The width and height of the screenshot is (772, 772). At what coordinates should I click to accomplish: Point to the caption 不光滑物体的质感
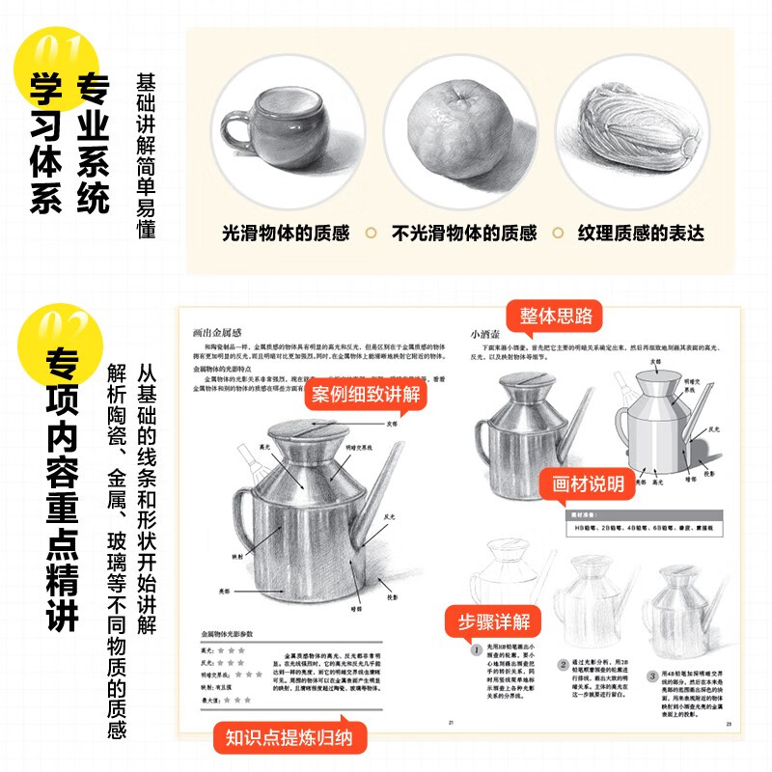click(463, 233)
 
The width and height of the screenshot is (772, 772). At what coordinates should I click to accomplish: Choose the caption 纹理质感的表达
click(641, 233)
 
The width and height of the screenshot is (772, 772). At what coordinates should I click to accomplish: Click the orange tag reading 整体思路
click(556, 316)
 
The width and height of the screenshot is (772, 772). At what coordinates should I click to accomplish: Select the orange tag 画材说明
click(588, 483)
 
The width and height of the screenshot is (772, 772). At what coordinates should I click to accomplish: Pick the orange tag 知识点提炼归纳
click(289, 738)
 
